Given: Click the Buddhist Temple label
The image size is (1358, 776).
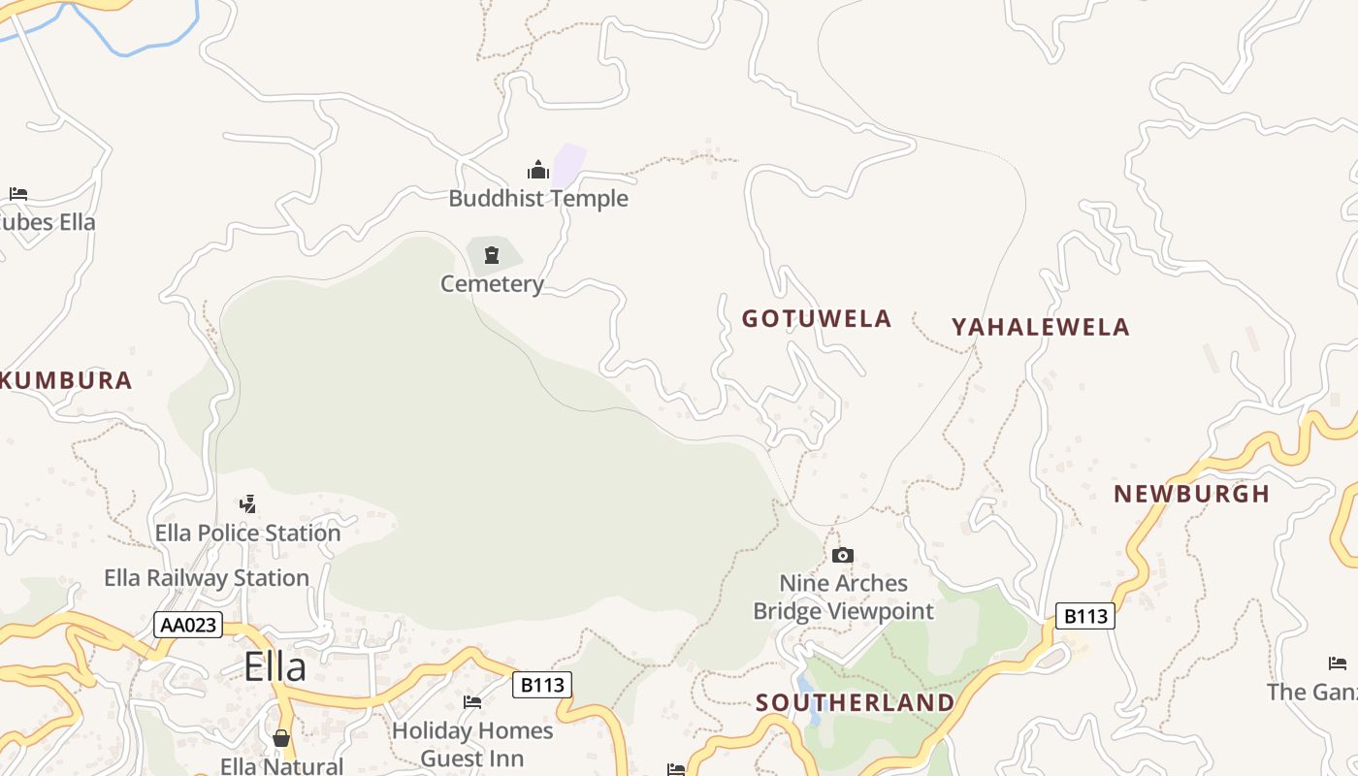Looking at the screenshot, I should coord(538,199).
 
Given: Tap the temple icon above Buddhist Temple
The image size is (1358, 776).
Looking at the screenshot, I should coord(538,171).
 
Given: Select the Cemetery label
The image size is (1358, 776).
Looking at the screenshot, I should coord(492,284).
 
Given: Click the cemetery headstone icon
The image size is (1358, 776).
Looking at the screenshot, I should coord(492,255).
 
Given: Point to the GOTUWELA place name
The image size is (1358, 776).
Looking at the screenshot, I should coord(817,319).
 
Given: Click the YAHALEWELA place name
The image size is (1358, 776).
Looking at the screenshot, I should coord(1041,327).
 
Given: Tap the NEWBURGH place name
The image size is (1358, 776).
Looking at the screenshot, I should coord(1192,494).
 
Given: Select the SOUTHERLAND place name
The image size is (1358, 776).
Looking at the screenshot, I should coord(855,702).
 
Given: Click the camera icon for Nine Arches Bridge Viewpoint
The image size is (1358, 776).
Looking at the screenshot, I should coord(843,555).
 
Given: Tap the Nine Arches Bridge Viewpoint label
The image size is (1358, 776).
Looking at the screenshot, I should coord(844,597).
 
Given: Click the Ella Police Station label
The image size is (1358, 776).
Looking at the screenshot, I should coord(248,533).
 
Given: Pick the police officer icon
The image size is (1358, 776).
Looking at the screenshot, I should coord(248,503).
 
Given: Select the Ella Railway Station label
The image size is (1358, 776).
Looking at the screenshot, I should coord(207,578).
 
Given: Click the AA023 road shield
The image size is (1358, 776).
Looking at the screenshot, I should coord(188,626).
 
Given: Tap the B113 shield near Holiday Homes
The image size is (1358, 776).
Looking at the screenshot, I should coord(542,685).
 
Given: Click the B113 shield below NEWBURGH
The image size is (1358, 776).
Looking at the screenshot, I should coord(1085,616).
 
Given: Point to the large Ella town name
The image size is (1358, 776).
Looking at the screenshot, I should coord(275,666).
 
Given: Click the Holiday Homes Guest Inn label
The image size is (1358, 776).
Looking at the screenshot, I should coord(472,744).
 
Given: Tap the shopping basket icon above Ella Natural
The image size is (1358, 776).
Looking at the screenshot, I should coord(281,738).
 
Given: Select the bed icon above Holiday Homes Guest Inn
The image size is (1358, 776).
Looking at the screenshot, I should coord(472,701).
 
